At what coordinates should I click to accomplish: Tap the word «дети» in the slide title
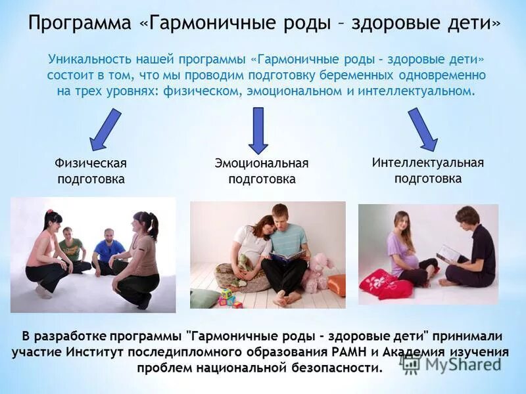[469, 24]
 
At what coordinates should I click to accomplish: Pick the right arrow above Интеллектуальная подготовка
[422, 129]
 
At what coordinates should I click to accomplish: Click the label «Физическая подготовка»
[91, 171]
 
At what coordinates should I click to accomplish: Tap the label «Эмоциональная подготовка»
[262, 171]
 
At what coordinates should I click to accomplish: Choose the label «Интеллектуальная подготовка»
[427, 170]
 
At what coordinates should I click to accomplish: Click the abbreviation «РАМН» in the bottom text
[378, 352]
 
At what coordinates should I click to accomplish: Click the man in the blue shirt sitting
[107, 252]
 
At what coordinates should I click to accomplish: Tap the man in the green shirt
[70, 249]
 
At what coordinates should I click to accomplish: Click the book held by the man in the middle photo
[287, 255]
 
